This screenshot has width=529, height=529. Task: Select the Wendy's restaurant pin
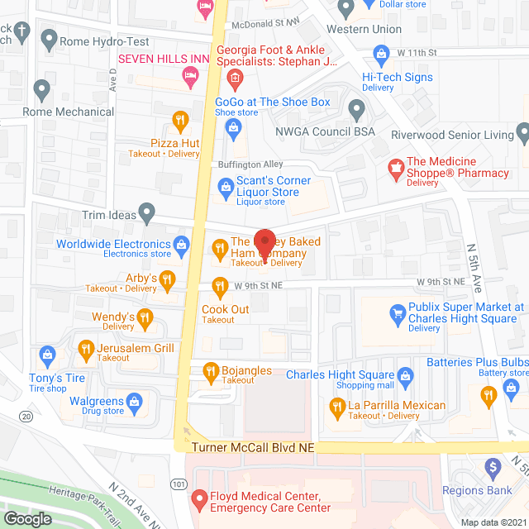[x=145, y=317]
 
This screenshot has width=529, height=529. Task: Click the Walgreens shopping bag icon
[x=135, y=403]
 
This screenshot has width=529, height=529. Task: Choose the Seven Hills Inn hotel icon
[x=191, y=76]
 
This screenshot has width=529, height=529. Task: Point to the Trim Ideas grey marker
[x=147, y=214]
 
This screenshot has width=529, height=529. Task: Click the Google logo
[x=27, y=518]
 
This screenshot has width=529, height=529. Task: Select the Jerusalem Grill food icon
[x=85, y=351]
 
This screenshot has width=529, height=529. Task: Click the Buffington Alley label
[x=250, y=164]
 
